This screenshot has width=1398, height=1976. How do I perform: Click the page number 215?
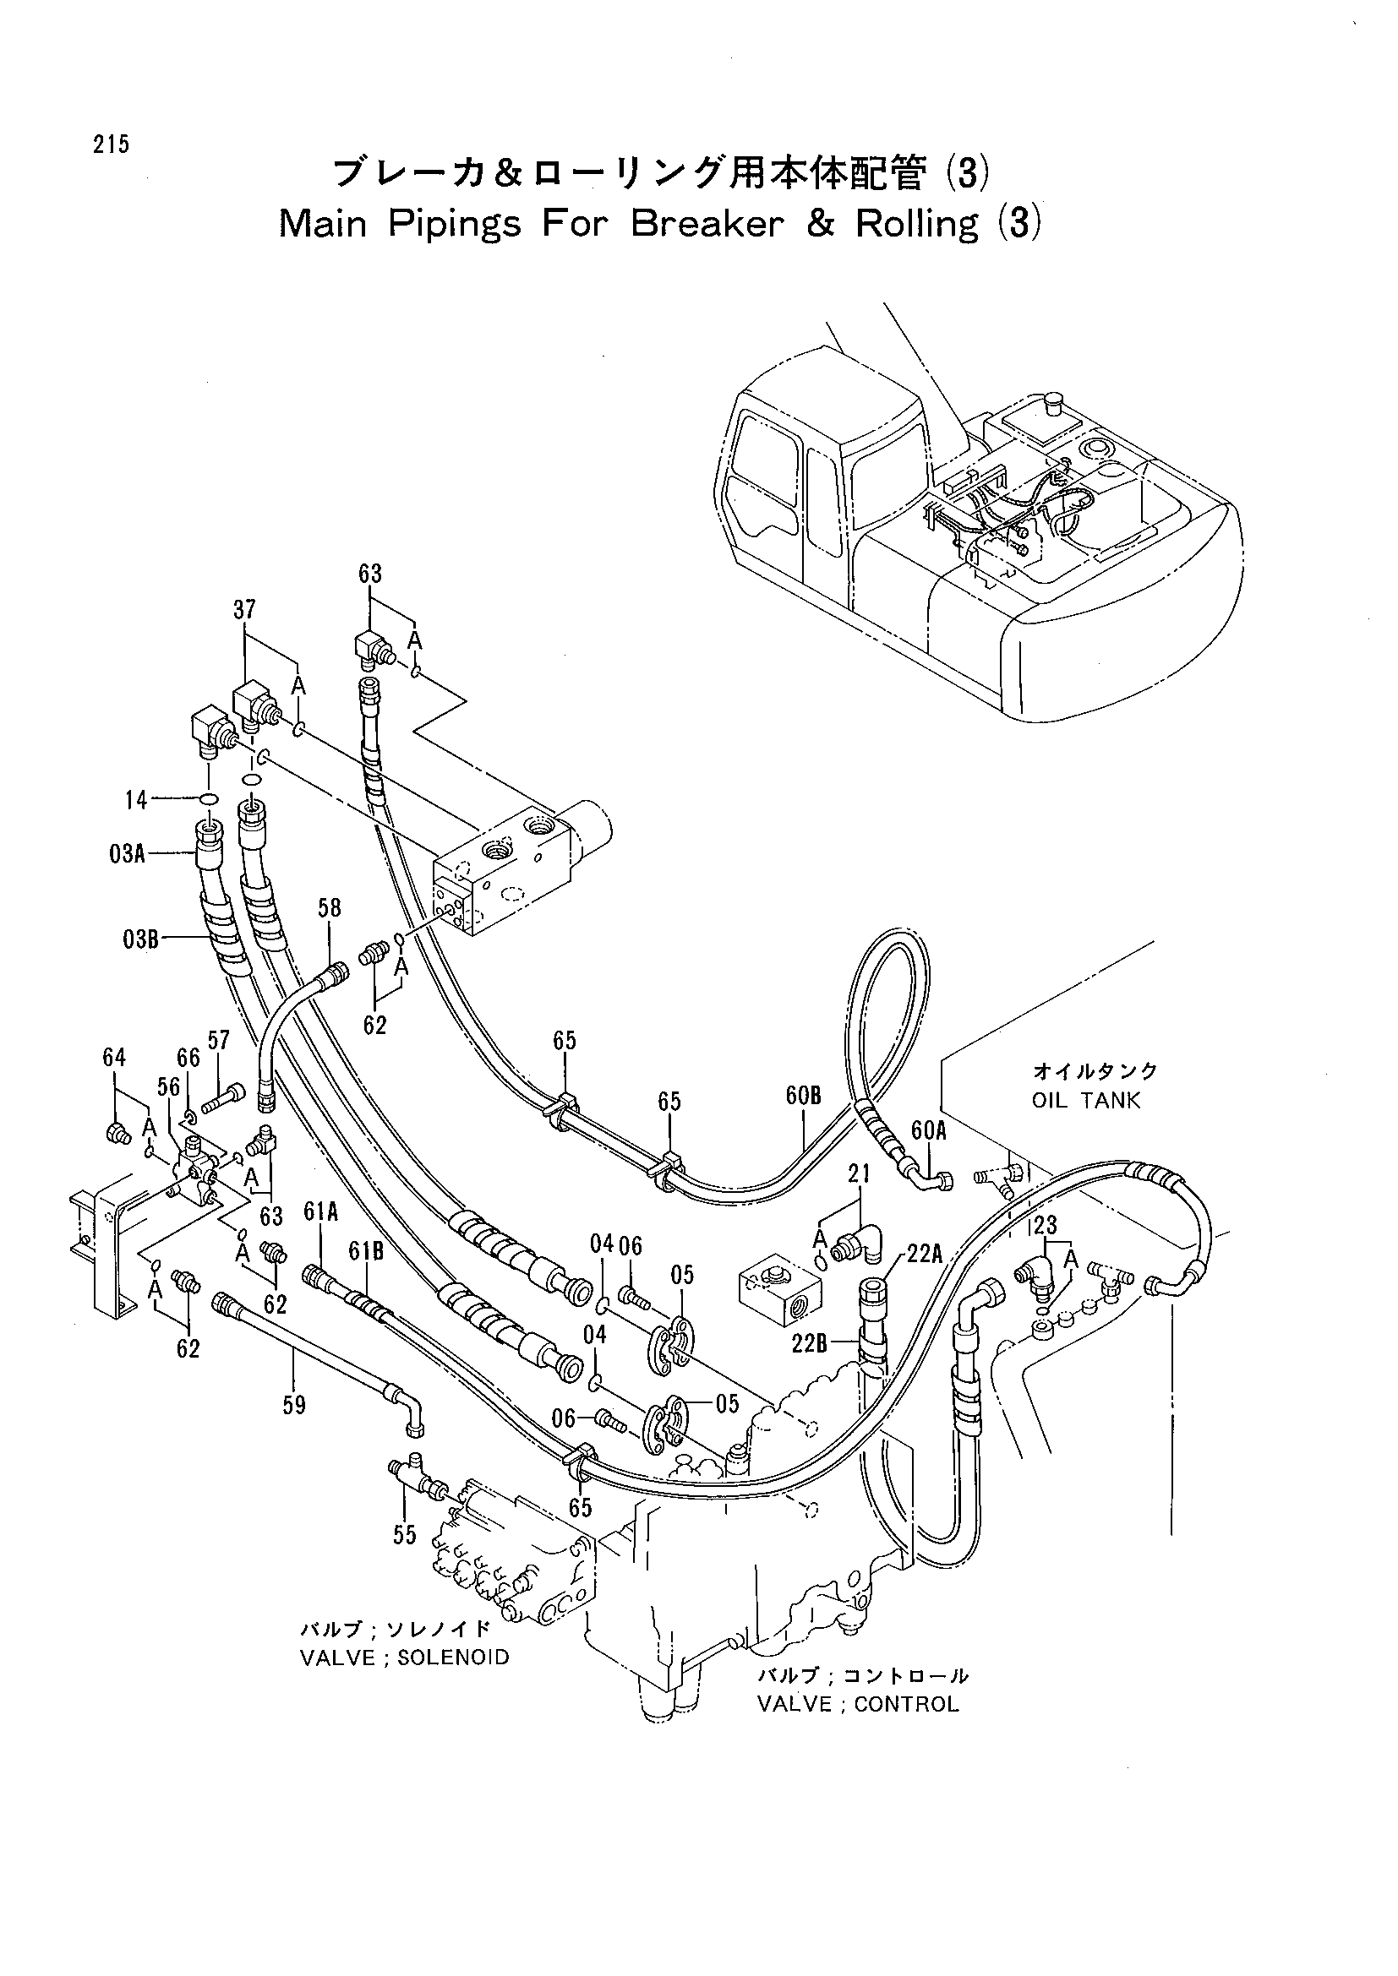pyautogui.click(x=112, y=145)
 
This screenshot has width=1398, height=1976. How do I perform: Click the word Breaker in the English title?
pyautogui.click(x=707, y=224)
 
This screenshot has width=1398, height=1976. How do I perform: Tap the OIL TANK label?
pyautogui.click(x=1085, y=1100)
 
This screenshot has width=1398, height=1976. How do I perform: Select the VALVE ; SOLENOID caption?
pyautogui.click(x=405, y=1658)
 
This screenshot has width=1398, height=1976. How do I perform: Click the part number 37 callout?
pyautogui.click(x=244, y=610)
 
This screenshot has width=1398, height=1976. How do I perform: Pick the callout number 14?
pyautogui.click(x=136, y=800)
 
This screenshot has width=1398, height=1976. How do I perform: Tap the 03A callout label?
pyautogui.click(x=127, y=855)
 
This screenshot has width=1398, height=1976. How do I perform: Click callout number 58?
pyautogui.click(x=330, y=908)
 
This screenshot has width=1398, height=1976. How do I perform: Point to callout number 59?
pyautogui.click(x=294, y=1406)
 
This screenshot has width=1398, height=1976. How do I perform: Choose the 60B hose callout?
pyautogui.click(x=803, y=1096)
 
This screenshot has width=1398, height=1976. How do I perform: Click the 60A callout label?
pyautogui.click(x=929, y=1131)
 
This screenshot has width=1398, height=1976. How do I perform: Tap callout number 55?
pyautogui.click(x=405, y=1534)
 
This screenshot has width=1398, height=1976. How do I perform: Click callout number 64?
pyautogui.click(x=114, y=1058)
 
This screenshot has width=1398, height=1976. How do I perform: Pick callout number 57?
pyautogui.click(x=219, y=1041)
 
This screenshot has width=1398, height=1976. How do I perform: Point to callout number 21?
pyautogui.click(x=859, y=1173)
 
